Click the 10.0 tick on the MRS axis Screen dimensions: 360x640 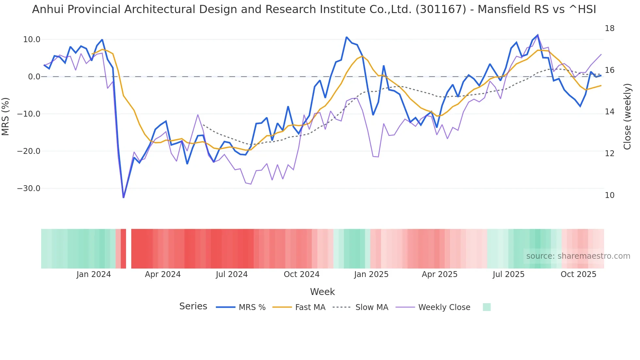(31, 40)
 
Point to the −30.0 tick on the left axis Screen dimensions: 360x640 (29, 188)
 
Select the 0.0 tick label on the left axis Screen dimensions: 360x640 (34, 77)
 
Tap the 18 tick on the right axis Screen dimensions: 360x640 (609, 28)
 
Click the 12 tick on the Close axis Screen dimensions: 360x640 (609, 154)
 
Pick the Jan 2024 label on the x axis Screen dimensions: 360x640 (94, 274)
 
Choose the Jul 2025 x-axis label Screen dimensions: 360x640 (508, 274)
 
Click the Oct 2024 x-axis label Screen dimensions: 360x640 (301, 274)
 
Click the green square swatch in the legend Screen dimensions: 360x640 (487, 307)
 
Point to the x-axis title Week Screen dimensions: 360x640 (322, 292)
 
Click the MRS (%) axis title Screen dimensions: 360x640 (6, 116)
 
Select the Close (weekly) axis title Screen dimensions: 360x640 (627, 116)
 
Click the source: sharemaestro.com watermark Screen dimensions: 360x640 (578, 256)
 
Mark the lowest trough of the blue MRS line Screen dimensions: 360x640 (123, 197)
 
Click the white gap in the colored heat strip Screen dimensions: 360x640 (129, 249)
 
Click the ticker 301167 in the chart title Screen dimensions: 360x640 (441, 9)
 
